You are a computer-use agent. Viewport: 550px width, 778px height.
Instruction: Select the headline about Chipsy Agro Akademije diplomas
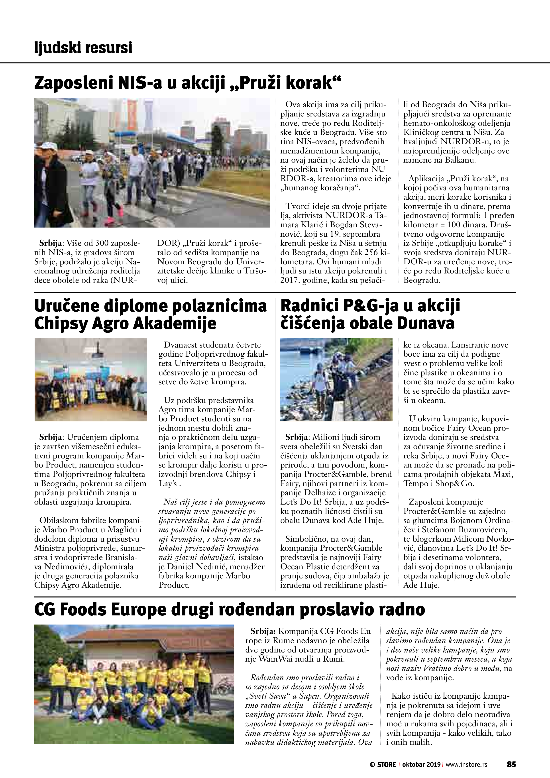click(x=150, y=314)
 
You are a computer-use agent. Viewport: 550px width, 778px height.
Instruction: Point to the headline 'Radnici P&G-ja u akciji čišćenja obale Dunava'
click(x=370, y=314)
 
